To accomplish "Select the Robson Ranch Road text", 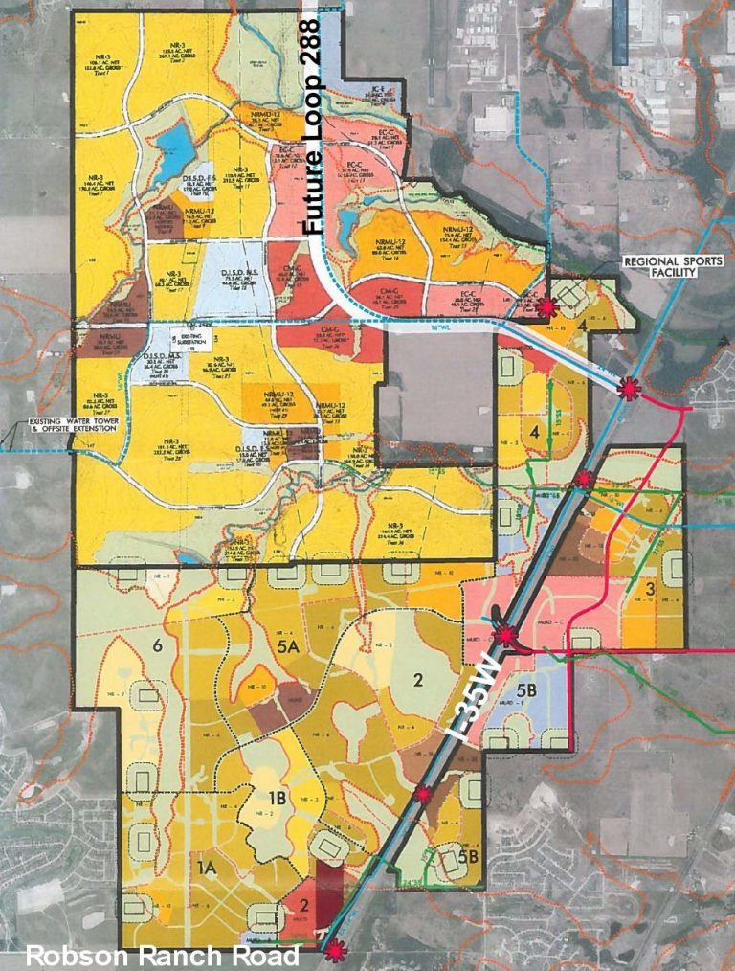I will [162, 955].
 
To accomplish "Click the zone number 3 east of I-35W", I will [650, 588].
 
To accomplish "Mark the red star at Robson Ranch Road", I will [334, 950].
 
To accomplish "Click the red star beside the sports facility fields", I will [546, 306].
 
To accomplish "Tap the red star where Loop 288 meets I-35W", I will [628, 389].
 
